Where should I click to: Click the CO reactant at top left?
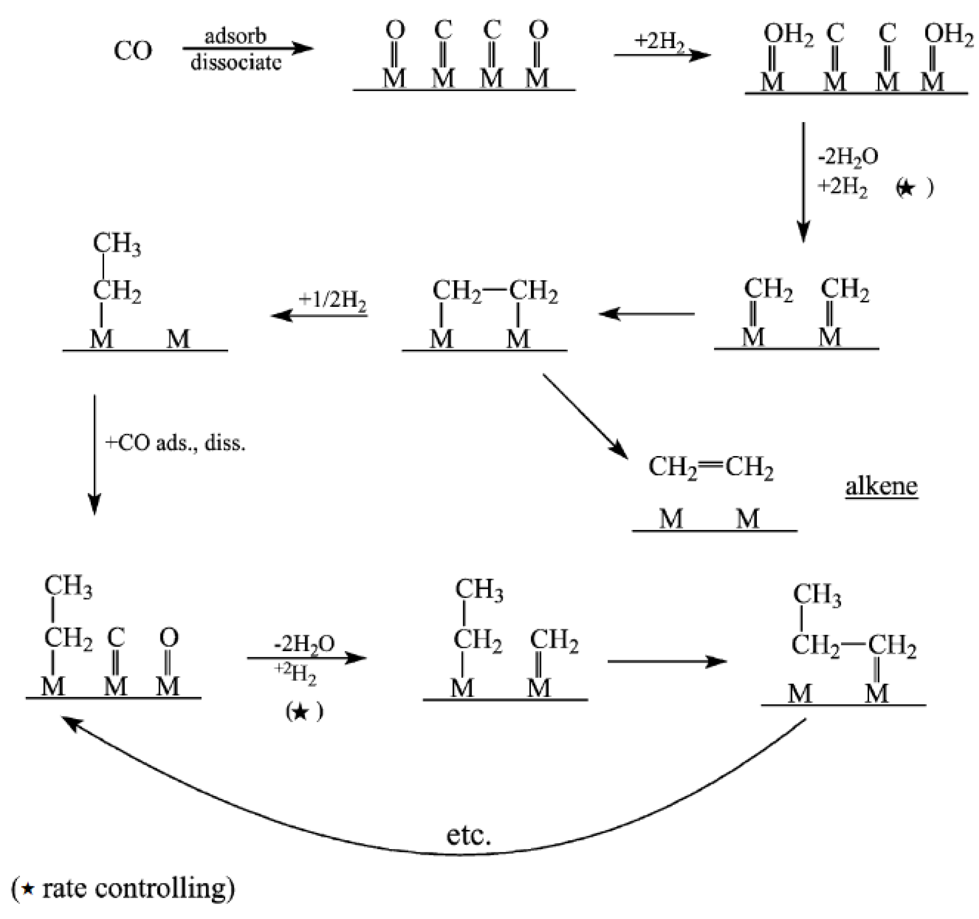(x=133, y=51)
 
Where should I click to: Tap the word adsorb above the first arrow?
(x=235, y=36)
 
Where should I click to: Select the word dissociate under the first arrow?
(x=236, y=63)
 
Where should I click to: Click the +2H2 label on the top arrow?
(x=659, y=41)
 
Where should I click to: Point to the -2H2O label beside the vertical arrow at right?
(x=848, y=157)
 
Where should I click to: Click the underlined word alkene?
(x=881, y=487)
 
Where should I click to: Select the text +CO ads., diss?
(x=175, y=443)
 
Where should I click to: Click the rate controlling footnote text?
(x=123, y=888)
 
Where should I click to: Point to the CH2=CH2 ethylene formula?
(x=711, y=467)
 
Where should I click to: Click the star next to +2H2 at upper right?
(x=907, y=188)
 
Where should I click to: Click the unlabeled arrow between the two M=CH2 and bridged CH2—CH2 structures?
(x=647, y=314)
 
